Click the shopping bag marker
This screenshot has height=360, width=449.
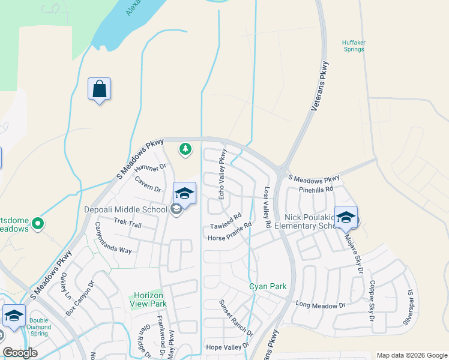point(99,89)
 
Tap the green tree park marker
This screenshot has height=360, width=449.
point(185,148)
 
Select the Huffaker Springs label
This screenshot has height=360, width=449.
point(353,46)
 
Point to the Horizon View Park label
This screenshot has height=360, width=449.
point(149,299)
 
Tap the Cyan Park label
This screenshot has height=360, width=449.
point(268,286)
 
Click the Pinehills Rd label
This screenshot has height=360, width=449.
point(315,189)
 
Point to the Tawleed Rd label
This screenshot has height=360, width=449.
point(226,221)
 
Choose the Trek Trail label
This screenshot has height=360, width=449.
point(127,224)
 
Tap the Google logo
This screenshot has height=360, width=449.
point(20,353)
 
